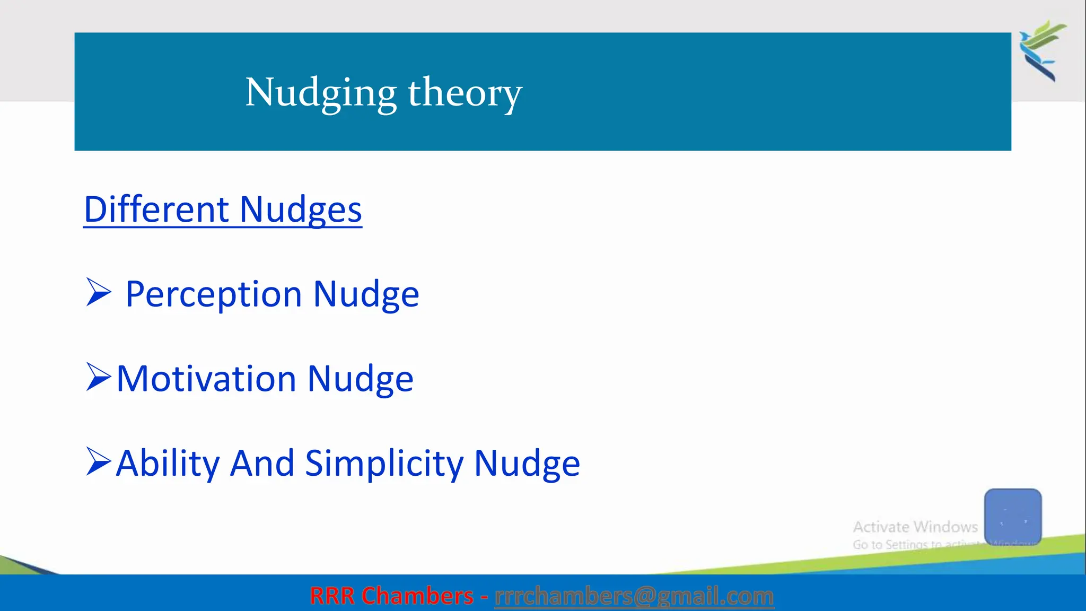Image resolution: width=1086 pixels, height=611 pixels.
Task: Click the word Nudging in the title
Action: pos(320,93)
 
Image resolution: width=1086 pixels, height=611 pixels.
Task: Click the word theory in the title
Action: pos(465,93)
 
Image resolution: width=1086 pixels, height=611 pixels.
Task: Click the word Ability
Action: pos(168,463)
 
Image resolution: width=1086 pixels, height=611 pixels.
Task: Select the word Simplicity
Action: pos(384,464)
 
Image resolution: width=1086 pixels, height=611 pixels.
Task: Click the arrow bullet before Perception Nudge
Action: pos(99,292)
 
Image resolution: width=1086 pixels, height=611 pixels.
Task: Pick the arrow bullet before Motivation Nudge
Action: pos(99,377)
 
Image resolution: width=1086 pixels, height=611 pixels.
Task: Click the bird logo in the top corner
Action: pos(1042,50)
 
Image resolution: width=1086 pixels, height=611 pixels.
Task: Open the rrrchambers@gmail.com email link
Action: pos(634,596)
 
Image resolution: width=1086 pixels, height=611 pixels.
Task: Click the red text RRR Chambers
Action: pos(391,596)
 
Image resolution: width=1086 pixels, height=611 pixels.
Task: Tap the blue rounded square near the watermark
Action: pos(1012,516)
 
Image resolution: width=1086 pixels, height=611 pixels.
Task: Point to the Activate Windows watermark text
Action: pos(915,527)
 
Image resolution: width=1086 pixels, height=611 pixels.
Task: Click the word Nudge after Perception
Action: pos(366,294)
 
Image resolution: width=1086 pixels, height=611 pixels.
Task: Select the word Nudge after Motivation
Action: pos(360,379)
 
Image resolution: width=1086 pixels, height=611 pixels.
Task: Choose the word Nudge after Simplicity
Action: pos(527,464)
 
